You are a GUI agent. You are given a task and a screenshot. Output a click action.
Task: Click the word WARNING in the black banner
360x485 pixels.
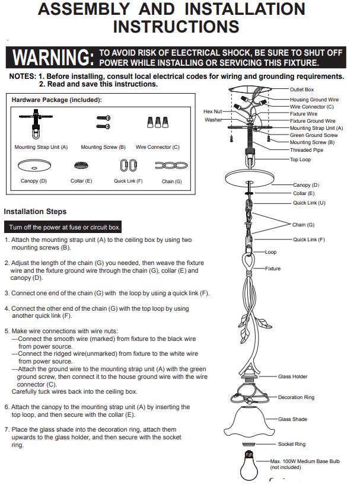(x=53, y=58)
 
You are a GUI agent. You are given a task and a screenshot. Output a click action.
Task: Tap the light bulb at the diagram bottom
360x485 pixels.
(x=249, y=465)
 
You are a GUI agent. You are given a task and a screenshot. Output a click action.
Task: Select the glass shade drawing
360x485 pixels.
(x=249, y=420)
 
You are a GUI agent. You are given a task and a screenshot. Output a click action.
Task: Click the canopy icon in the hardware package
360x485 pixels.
(x=34, y=165)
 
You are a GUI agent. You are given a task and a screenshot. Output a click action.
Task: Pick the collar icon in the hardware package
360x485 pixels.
(x=81, y=165)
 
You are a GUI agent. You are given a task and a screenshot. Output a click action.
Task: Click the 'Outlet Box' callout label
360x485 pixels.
(x=301, y=90)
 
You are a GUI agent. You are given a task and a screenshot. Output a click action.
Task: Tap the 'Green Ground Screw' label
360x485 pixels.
(x=314, y=135)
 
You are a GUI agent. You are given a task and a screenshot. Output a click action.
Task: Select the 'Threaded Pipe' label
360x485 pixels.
(x=306, y=150)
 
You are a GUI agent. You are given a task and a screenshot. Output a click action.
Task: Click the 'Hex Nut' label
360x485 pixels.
(x=212, y=111)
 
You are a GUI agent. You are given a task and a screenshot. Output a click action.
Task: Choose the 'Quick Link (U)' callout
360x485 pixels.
(x=309, y=203)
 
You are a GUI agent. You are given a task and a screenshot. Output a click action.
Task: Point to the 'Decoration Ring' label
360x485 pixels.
(x=296, y=397)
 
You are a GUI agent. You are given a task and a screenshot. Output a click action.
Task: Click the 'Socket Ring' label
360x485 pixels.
(x=292, y=444)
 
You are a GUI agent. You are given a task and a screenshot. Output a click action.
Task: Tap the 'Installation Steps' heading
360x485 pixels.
(x=35, y=212)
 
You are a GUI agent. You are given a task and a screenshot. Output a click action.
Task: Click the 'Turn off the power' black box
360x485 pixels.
(x=63, y=227)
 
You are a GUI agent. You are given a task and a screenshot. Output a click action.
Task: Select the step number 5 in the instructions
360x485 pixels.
(x=6, y=331)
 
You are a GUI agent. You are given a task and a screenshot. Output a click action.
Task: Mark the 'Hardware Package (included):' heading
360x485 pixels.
(x=56, y=100)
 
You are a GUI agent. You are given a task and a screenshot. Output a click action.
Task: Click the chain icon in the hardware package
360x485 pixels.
(x=171, y=165)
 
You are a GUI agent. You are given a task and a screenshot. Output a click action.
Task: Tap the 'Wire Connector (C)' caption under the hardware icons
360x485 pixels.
(x=157, y=147)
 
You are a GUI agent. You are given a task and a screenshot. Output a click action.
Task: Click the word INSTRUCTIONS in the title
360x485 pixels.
(x=176, y=27)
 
